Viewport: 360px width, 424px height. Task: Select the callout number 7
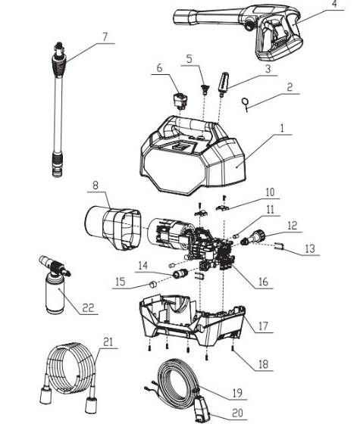click(x=105, y=36)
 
